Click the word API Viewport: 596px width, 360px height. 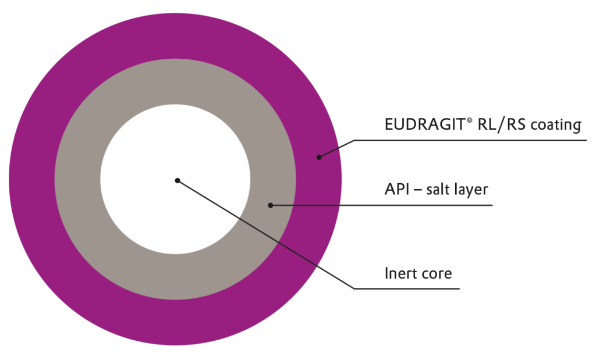click(x=396, y=190)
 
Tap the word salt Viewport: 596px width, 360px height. click(x=439, y=190)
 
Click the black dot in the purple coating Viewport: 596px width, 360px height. click(x=318, y=156)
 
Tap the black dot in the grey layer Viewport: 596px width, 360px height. click(x=270, y=205)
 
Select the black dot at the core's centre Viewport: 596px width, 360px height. click(x=177, y=180)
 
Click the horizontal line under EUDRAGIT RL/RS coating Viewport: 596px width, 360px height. click(x=466, y=140)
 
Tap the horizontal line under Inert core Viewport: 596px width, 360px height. click(x=407, y=288)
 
